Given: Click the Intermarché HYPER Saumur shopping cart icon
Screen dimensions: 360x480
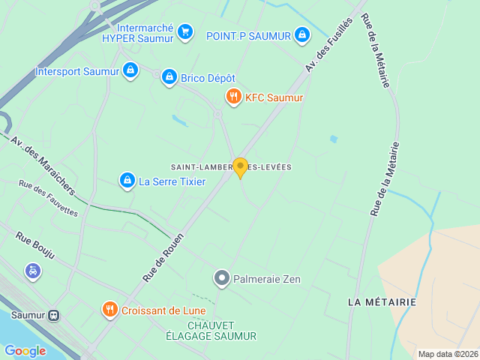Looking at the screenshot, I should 185,31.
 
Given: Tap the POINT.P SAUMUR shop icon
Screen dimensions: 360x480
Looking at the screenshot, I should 301,34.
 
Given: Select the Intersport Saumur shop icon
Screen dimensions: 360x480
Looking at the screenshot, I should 130,70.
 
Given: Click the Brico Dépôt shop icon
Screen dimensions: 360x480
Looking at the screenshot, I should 169,77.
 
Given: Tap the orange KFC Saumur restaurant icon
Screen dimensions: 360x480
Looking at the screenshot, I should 234,97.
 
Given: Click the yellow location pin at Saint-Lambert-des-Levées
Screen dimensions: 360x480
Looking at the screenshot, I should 240,167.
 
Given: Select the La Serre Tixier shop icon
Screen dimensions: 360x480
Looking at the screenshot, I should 127,181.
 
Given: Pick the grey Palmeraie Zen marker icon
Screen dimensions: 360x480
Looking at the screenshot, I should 221,279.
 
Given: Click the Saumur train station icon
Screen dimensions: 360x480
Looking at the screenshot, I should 54,316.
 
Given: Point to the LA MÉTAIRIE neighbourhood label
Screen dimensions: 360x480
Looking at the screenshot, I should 382,301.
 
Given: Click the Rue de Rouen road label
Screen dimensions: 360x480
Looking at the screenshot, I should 163,256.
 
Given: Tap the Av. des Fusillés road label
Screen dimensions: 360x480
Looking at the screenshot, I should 328,45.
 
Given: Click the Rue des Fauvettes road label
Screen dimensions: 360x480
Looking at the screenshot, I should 48,199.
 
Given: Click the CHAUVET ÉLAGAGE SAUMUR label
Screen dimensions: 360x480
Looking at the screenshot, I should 211,330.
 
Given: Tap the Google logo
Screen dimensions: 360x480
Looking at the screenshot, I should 25,351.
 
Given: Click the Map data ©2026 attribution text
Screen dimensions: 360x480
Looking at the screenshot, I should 448,354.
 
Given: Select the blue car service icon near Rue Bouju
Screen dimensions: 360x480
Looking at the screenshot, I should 33,271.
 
